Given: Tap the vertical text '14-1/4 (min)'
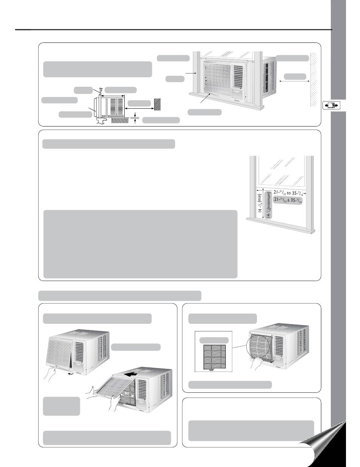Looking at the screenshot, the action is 260,205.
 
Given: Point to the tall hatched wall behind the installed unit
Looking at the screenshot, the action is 313,80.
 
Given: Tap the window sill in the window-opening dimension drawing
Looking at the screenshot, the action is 280,219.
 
